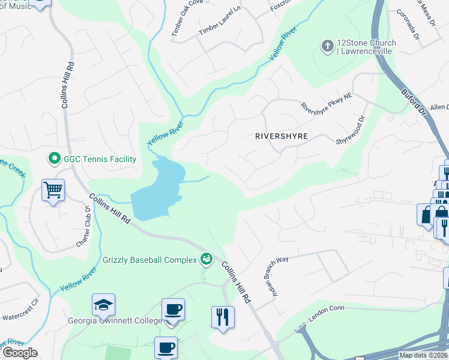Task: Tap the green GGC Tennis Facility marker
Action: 55,159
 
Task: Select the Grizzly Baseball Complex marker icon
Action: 206,259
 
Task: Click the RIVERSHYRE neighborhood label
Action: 281,136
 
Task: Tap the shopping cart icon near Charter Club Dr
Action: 53,191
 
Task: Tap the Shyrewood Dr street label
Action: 351,130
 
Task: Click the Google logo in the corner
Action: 19,353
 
